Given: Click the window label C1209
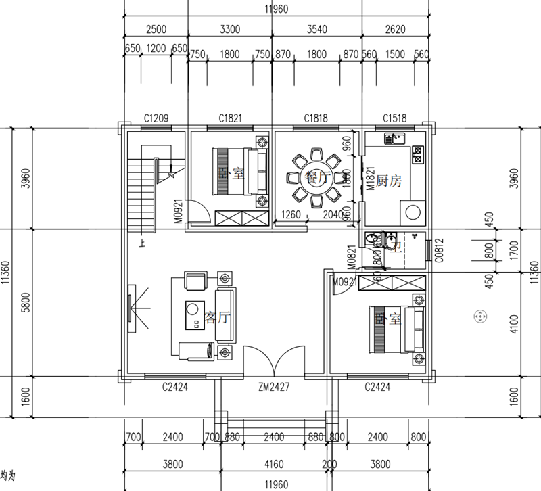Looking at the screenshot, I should (x=156, y=118).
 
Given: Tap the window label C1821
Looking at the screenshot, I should (x=230, y=118).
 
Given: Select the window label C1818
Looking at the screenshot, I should (x=316, y=118).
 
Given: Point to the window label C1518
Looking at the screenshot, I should (x=394, y=118).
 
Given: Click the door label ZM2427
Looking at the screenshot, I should (x=274, y=388).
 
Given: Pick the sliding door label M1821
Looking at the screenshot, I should (x=370, y=179).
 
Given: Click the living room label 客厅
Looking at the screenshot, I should (x=216, y=317).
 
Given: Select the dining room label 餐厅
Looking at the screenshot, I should (x=316, y=178).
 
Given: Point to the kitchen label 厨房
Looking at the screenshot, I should (x=390, y=181).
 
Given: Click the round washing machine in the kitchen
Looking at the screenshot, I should (x=412, y=212).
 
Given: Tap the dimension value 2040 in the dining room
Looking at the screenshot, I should (x=332, y=215).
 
